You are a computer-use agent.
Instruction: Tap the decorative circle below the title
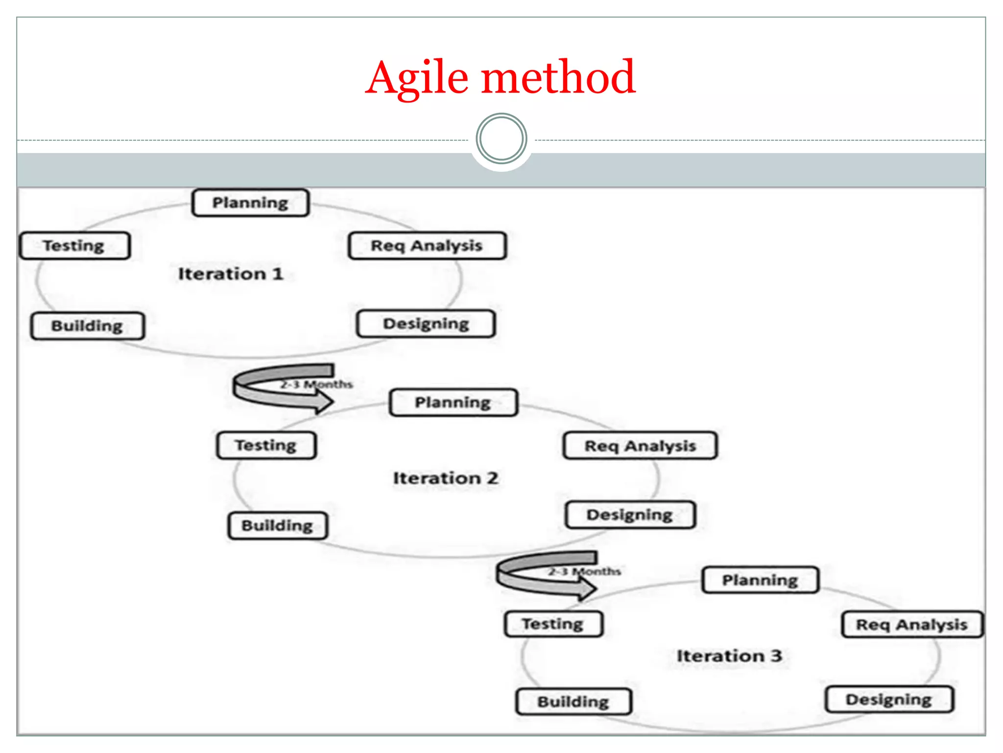pos(501,139)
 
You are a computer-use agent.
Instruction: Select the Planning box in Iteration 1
pos(250,203)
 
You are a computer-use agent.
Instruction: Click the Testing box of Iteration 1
pos(74,246)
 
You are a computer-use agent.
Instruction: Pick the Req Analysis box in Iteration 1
pos(427,246)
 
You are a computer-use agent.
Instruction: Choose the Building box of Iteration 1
pos(87,326)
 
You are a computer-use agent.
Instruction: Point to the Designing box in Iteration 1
pos(426,324)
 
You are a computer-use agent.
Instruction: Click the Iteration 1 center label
pos(231,274)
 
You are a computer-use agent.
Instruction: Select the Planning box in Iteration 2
pos(453,402)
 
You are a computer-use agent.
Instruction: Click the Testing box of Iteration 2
pos(266,445)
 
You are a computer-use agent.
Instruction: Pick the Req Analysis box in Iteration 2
pos(640,446)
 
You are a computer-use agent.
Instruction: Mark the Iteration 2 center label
pos(446,478)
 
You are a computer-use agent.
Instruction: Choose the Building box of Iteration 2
pos(277,526)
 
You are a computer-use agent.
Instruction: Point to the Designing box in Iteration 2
pos(630,515)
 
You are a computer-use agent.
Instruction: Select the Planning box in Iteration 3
pos(760,580)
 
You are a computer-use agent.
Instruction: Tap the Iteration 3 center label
pos(729,656)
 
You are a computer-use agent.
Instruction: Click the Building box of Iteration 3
pos(573,702)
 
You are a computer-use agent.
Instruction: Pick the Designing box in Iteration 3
pos(889,700)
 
